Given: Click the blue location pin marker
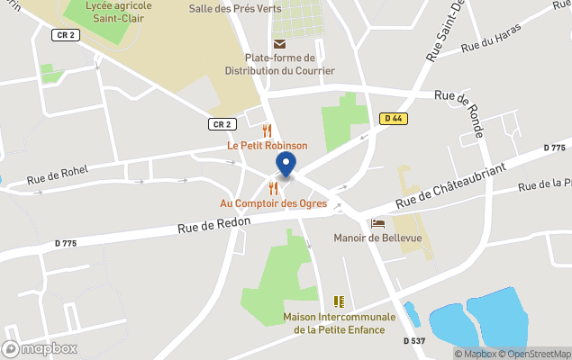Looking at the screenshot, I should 286,165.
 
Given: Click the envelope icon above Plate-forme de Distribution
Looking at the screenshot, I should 279,44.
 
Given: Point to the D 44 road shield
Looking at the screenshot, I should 391,118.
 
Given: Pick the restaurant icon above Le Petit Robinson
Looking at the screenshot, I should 267,130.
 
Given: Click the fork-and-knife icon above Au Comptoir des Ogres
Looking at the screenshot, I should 273,188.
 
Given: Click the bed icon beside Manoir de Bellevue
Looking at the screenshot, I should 377,223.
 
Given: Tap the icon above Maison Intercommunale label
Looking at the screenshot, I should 339,301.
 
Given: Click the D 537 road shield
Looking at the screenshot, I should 414,340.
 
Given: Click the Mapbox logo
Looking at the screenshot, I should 40,348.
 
